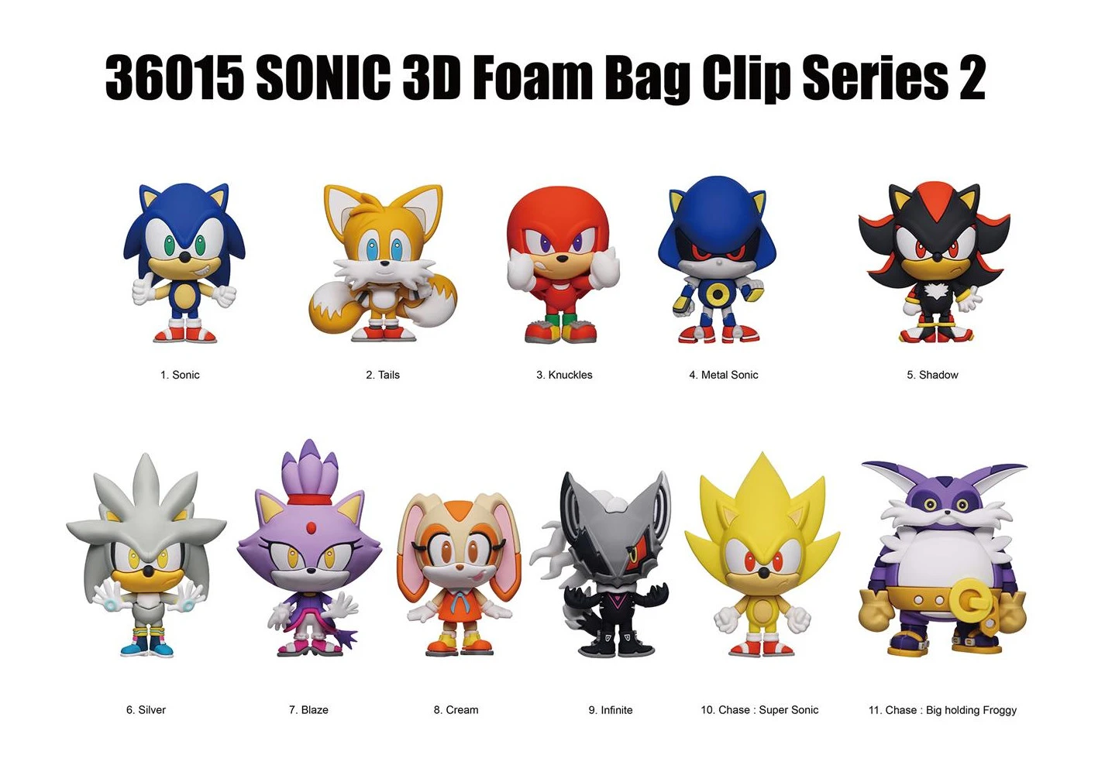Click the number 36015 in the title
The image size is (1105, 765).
click(174, 77)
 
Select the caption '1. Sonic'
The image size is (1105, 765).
click(180, 375)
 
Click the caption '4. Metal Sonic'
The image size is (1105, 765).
click(724, 375)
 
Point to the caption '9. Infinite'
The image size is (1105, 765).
click(610, 710)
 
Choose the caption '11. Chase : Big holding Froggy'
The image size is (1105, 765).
click(943, 710)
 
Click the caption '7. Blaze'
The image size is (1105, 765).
click(308, 710)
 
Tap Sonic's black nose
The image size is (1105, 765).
click(184, 257)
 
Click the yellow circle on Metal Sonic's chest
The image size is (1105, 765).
click(718, 295)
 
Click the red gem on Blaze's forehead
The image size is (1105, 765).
click(311, 529)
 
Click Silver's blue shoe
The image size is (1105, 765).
click(162, 647)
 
